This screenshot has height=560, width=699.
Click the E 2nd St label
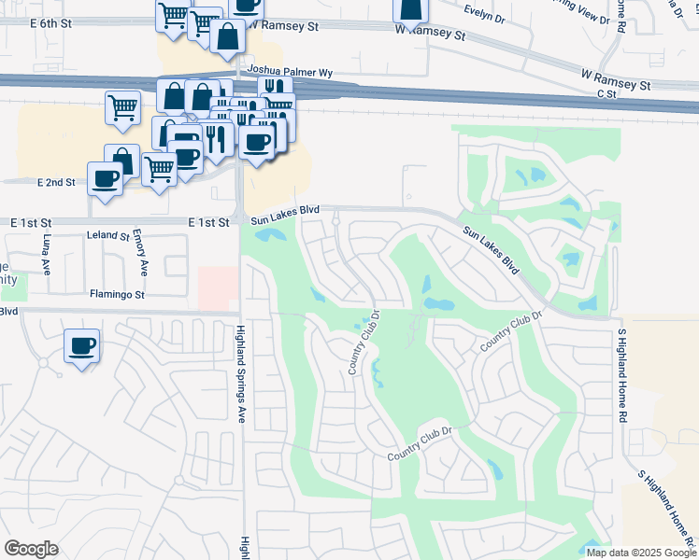tap(56, 182)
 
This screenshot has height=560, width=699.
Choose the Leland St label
tap(104, 236)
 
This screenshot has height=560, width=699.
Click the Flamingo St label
tap(117, 295)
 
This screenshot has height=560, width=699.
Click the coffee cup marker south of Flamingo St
tap(82, 346)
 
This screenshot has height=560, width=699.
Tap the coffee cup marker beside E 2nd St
tap(106, 178)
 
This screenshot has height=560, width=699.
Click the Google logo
tap(31, 549)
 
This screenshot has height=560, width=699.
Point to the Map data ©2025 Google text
tap(641, 553)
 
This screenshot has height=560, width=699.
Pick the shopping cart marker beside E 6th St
tap(174, 17)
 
